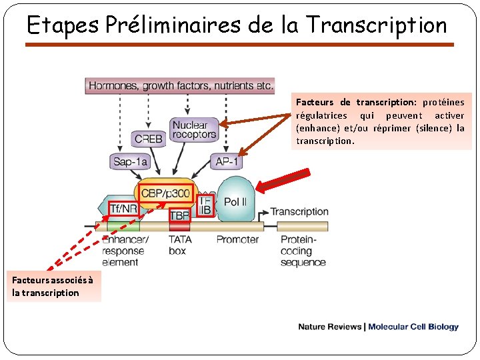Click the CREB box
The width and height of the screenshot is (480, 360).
(x=148, y=139)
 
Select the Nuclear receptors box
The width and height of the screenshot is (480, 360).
(x=194, y=129)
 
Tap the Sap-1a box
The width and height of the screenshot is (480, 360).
(x=130, y=161)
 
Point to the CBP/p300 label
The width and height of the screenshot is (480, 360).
(x=165, y=194)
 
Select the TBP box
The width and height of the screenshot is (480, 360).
(x=179, y=215)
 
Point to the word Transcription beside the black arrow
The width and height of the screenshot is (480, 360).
(x=299, y=212)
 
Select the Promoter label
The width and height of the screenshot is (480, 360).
(x=237, y=239)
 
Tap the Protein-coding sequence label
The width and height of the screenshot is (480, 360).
(x=303, y=251)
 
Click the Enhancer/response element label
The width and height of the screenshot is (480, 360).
(x=125, y=251)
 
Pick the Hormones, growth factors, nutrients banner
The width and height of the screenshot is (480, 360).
(x=181, y=85)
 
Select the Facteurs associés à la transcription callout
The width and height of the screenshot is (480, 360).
(x=54, y=286)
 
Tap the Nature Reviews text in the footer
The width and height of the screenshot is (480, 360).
(x=329, y=327)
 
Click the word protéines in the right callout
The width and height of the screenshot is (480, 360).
(x=443, y=102)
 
